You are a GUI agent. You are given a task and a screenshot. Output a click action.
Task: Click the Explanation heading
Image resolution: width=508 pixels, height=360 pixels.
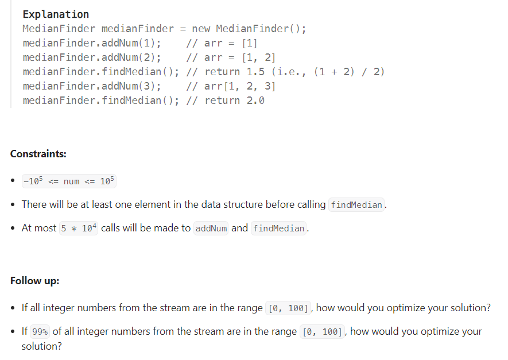[56, 14]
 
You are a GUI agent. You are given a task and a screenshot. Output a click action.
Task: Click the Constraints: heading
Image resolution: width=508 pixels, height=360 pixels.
[38, 154]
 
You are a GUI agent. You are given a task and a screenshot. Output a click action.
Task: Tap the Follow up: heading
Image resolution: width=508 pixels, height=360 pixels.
[34, 281]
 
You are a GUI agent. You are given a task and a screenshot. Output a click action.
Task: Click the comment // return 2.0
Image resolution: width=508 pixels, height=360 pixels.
[226, 100]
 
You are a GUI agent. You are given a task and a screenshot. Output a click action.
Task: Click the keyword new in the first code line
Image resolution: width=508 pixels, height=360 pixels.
[201, 29]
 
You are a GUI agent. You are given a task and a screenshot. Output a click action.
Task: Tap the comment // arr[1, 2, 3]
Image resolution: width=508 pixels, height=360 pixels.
[232, 86]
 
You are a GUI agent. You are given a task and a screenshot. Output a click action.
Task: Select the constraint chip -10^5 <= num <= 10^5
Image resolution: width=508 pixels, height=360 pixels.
[69, 181]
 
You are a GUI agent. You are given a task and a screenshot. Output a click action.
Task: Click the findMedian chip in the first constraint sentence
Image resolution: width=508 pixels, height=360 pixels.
[356, 205]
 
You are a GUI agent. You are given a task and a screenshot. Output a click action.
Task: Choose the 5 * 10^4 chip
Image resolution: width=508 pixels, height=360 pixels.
[79, 228]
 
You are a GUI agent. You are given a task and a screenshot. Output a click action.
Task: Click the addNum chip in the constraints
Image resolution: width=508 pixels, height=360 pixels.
[211, 229]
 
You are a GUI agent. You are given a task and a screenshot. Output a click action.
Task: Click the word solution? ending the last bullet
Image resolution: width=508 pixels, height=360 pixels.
[41, 346]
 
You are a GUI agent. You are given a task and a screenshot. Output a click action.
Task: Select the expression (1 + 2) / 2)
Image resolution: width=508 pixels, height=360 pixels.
[349, 72]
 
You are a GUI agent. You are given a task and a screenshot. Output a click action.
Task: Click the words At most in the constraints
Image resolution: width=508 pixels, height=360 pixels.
[39, 228]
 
